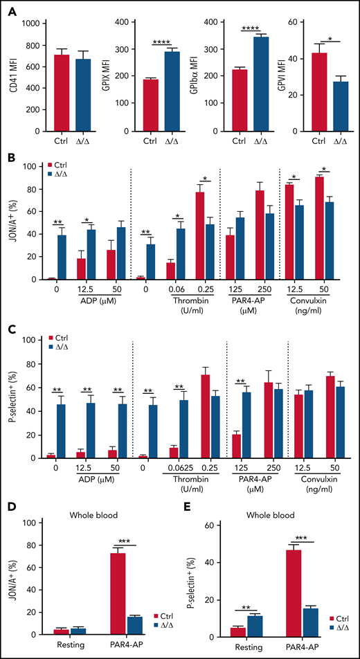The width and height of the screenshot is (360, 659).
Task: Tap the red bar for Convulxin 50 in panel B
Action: coord(319,228)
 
